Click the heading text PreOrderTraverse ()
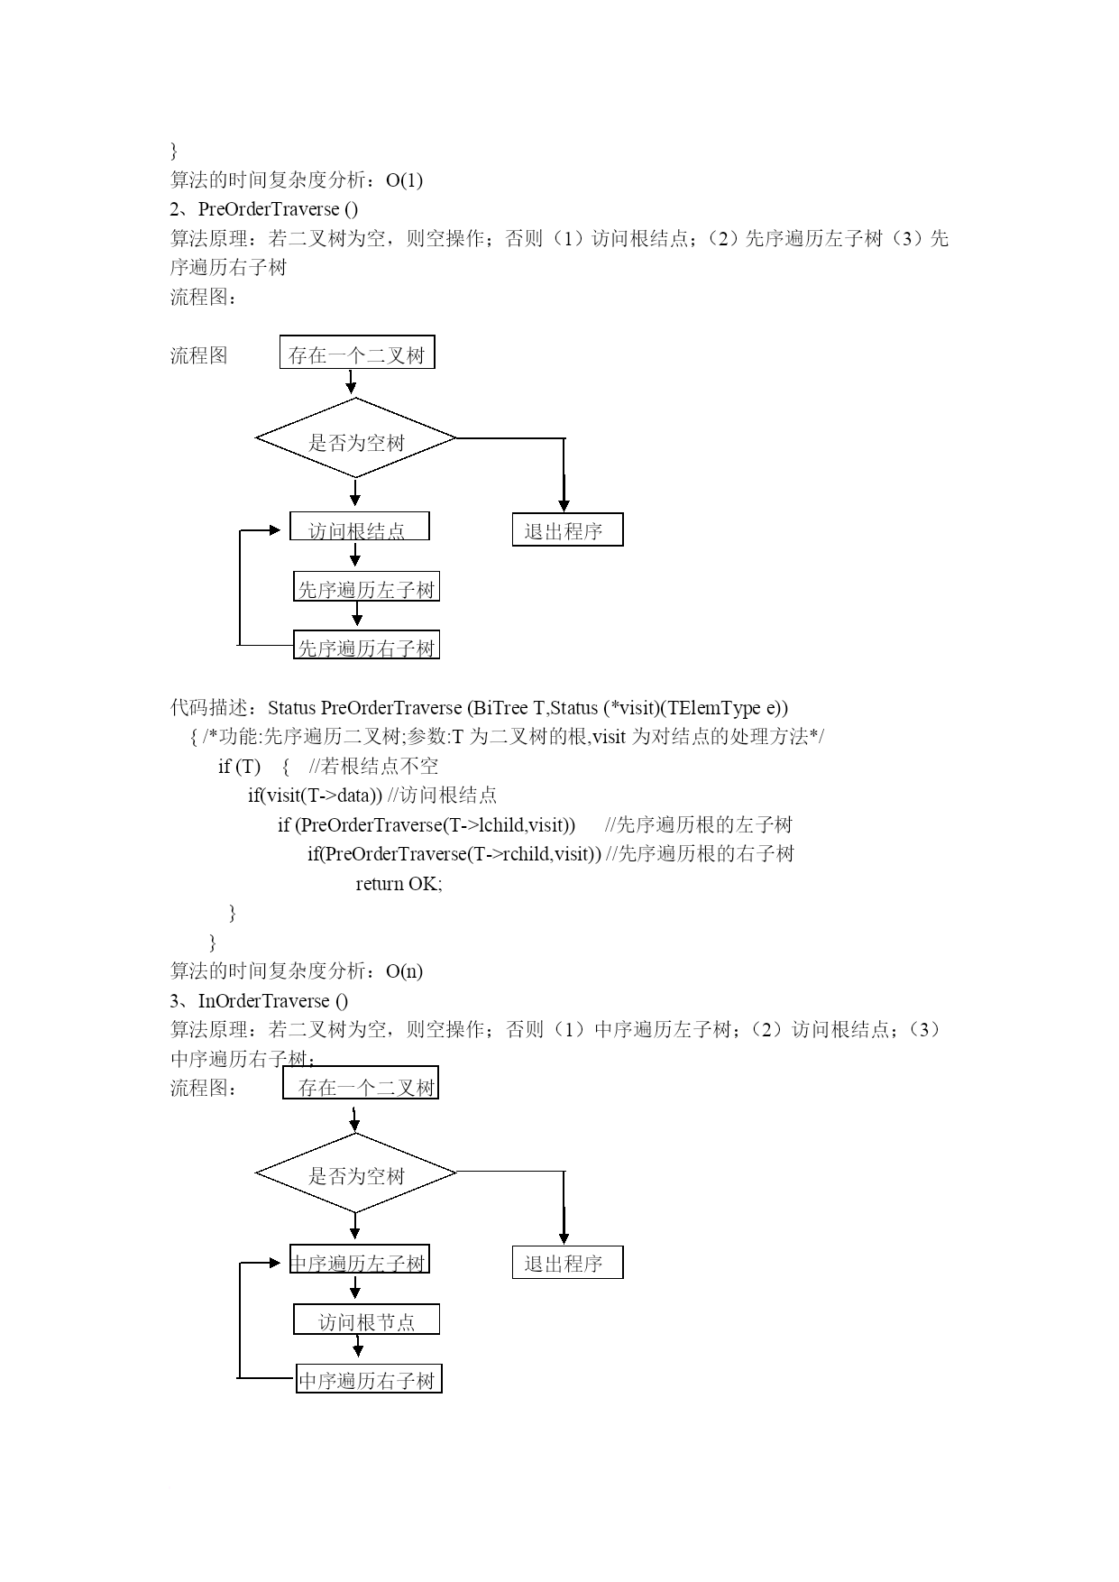tap(278, 209)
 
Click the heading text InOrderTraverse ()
tap(273, 1000)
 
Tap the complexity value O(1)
tap(404, 180)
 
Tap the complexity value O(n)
tap(404, 971)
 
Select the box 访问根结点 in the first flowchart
tap(359, 526)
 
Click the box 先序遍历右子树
tap(366, 644)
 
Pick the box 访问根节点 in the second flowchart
tap(366, 1320)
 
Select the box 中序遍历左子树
tap(359, 1259)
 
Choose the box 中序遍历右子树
tap(369, 1378)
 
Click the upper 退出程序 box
tap(567, 529)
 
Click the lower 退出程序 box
tap(567, 1263)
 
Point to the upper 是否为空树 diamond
tap(356, 438)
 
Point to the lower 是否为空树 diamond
tap(356, 1173)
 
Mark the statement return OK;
tap(399, 884)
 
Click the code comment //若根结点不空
tap(373, 767)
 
